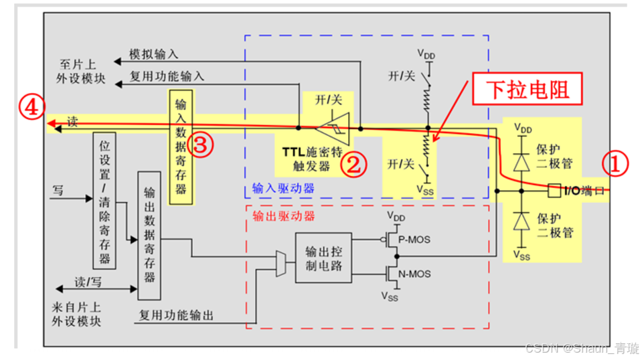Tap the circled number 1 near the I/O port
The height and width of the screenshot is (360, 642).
pos(616,163)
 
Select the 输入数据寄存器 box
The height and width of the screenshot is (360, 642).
pos(181,147)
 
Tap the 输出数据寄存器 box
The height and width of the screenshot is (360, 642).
pos(149,235)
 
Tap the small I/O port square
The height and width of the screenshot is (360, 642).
pos(554,191)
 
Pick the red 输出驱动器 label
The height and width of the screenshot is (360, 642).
pos(283,216)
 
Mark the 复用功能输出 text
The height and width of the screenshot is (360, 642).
pos(176,314)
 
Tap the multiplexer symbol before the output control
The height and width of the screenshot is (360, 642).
pos(279,264)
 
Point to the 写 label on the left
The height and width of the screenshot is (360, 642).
pos(58,191)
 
